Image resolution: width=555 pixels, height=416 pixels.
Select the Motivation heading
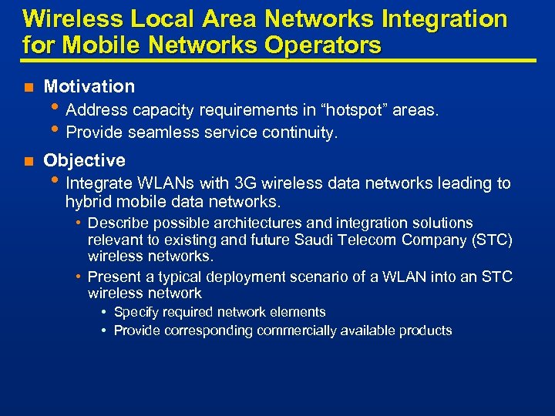click(x=89, y=86)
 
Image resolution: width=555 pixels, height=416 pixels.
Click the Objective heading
click(x=84, y=160)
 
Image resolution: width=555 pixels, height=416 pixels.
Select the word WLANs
click(x=163, y=183)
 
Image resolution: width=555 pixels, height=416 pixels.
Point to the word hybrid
click(x=86, y=202)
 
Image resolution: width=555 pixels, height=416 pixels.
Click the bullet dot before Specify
click(x=103, y=313)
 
